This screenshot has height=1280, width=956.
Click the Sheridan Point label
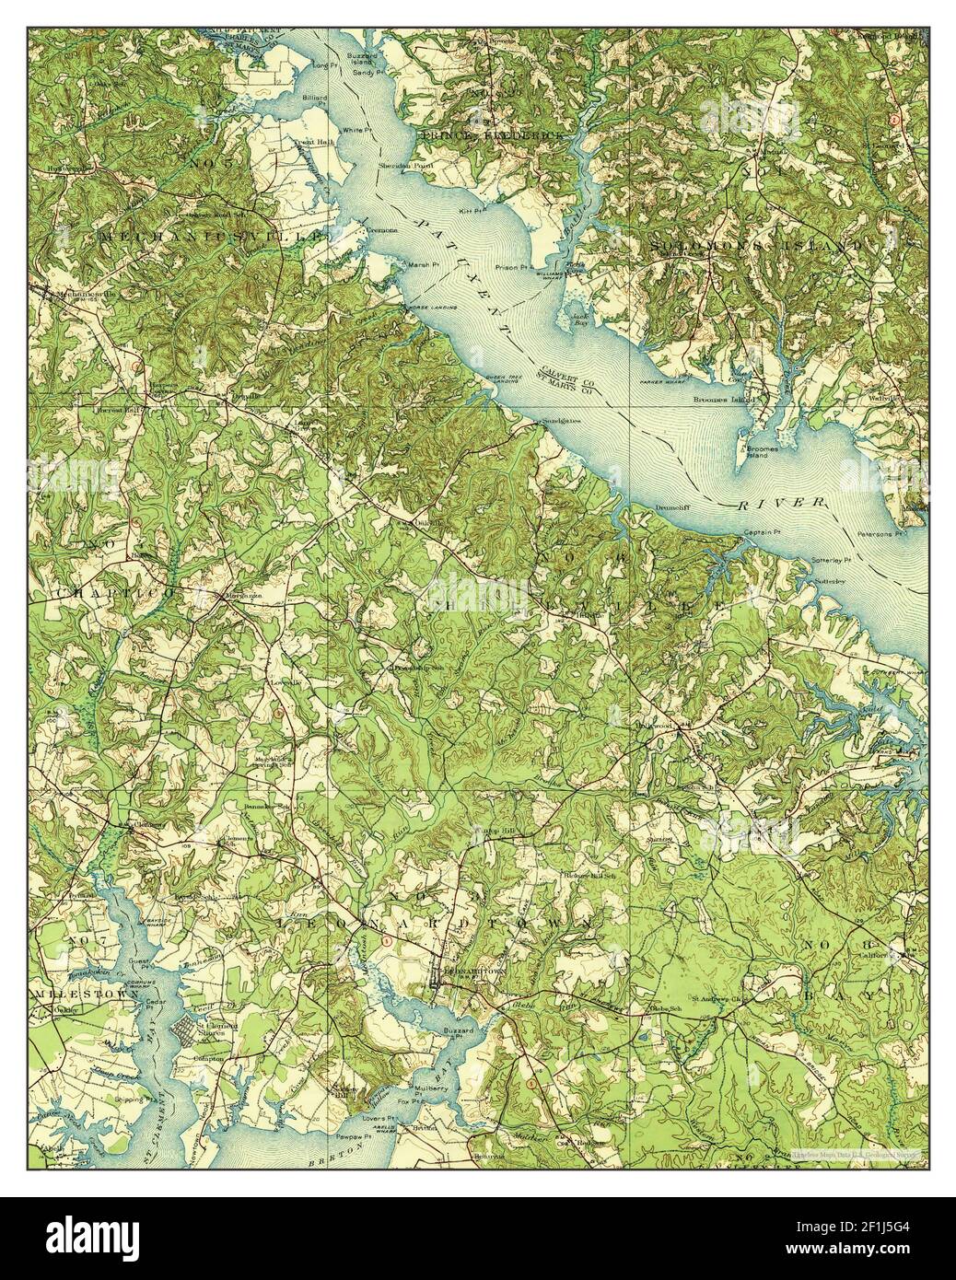[400, 165]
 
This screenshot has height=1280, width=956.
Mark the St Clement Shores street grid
[193, 1037]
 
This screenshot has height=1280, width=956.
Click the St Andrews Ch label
[716, 997]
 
